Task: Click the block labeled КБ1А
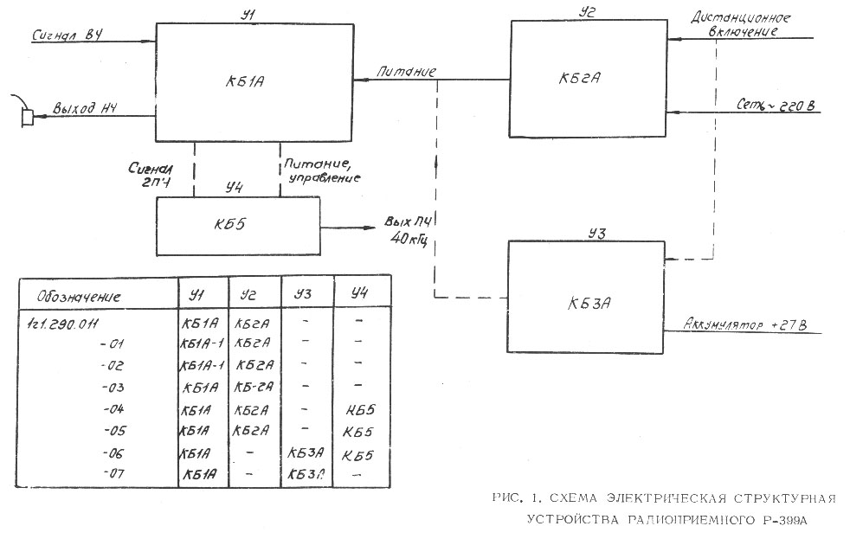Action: [x=254, y=82]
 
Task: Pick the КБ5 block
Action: [x=237, y=225]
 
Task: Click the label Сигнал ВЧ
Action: [x=68, y=35]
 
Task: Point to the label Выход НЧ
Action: [x=85, y=109]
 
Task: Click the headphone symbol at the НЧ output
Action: [x=27, y=116]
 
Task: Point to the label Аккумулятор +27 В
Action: [x=747, y=325]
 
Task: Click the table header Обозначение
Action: [x=79, y=297]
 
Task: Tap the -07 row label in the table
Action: [x=115, y=473]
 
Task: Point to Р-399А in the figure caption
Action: [x=785, y=519]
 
